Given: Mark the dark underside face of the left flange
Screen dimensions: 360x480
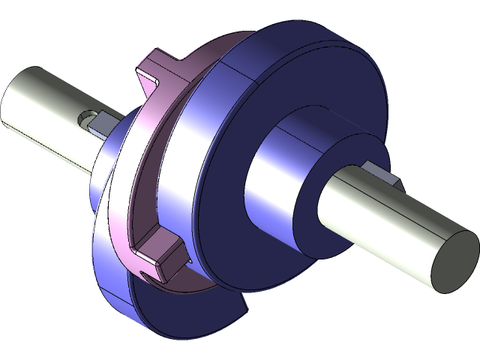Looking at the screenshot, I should (180, 315).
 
